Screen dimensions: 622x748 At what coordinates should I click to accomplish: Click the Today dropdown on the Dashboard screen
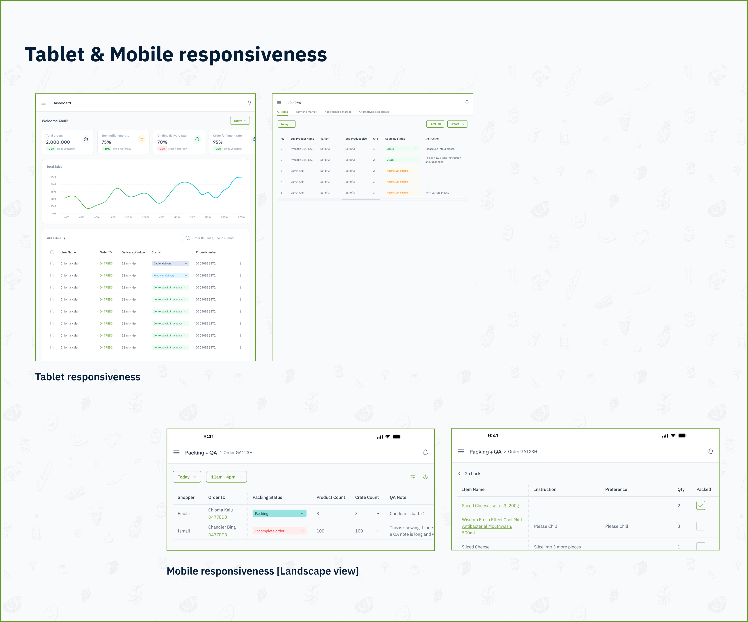coord(240,121)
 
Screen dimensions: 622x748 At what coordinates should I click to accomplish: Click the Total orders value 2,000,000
coord(58,142)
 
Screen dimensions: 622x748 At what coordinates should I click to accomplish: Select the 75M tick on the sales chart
coord(53,177)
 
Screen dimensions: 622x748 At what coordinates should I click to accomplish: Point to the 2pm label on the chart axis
coord(161,217)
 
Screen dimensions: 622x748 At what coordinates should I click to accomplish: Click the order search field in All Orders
coord(213,238)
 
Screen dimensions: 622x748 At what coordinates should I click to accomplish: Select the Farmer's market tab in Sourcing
coord(306,112)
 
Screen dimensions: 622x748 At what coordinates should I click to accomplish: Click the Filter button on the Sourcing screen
coord(435,124)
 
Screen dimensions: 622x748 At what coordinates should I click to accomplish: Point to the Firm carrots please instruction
coord(437,193)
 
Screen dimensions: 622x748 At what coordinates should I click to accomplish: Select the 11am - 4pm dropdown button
coord(226,477)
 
